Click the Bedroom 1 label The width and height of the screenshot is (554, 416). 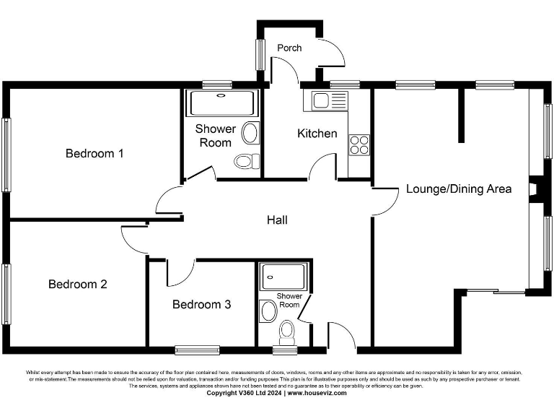(94, 153)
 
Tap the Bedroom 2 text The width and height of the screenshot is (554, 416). (77, 284)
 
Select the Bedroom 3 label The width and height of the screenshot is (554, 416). (201, 304)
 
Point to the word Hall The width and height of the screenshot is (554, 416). (277, 220)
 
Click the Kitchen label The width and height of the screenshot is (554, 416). (317, 133)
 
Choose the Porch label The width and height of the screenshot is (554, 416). (289, 48)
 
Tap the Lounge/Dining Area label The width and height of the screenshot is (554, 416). (459, 188)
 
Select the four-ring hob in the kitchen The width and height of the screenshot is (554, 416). (359, 144)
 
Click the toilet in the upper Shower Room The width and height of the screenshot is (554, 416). (247, 160)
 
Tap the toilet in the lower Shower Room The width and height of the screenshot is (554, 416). (287, 333)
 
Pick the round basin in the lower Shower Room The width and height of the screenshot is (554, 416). (269, 311)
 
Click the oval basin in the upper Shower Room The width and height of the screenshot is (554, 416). (250, 132)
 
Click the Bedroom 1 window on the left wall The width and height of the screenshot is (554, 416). (6, 155)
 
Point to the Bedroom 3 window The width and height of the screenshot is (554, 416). (197, 350)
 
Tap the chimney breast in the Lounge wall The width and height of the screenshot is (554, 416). (532, 189)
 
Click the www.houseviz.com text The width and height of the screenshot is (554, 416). (317, 393)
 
